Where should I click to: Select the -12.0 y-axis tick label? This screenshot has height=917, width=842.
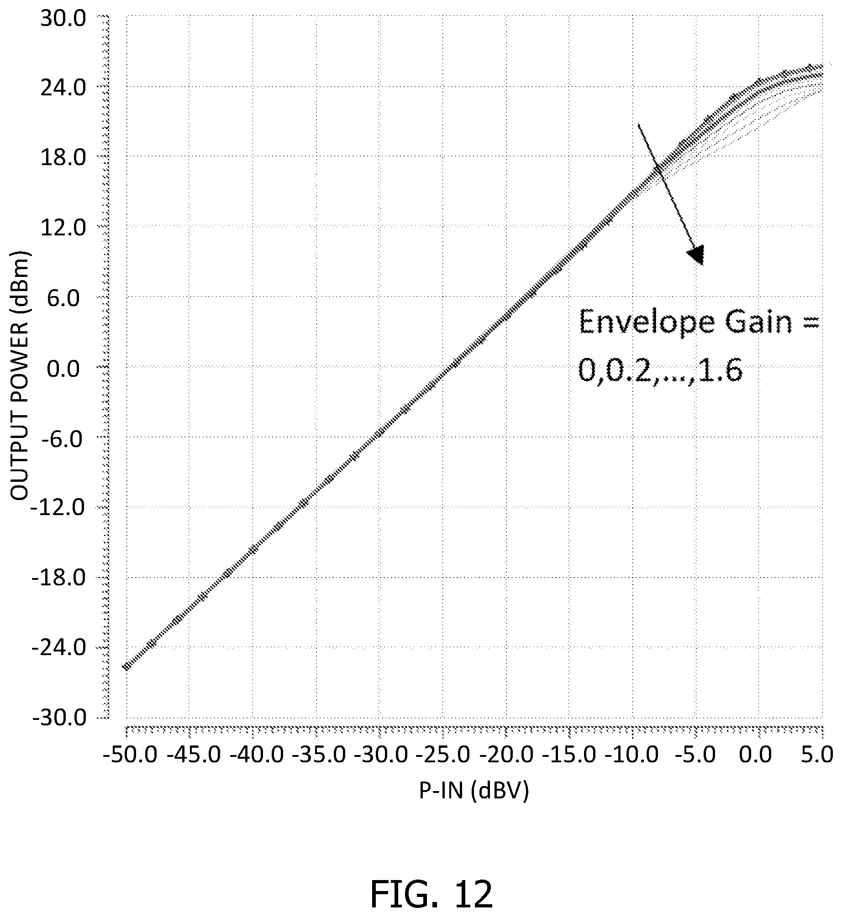coord(58,508)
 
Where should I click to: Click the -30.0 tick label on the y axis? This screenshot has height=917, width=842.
coord(58,719)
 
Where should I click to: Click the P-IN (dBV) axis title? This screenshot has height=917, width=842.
coord(474,792)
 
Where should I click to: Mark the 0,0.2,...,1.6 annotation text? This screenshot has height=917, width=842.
coord(660,370)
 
